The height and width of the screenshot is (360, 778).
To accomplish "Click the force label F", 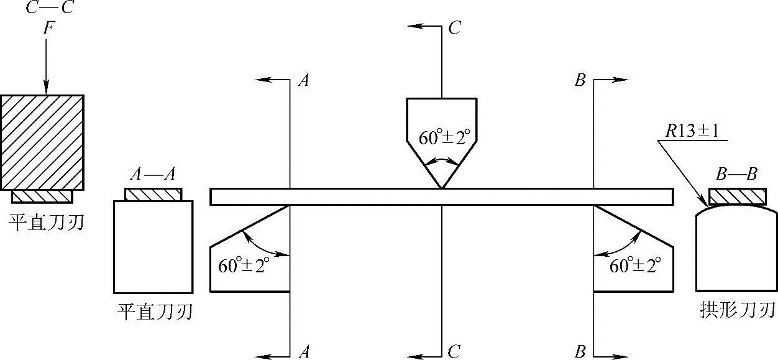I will pyautogui.click(x=47, y=29).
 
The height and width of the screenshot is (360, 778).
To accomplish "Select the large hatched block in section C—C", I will pyautogui.click(x=42, y=142).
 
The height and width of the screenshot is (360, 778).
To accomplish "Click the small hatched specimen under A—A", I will pyautogui.click(x=153, y=195).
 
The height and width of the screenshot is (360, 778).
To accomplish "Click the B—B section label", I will pyautogui.click(x=736, y=175).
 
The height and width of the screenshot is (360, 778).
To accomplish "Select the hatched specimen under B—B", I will pyautogui.click(x=737, y=196).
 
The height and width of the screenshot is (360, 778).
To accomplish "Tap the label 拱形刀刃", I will pyautogui.click(x=737, y=309).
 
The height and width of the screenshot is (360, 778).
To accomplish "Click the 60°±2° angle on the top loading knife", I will pyautogui.click(x=442, y=138).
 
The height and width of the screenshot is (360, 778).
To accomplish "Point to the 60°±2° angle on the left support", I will pyautogui.click(x=244, y=266).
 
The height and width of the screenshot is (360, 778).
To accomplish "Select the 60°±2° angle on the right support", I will pyautogui.click(x=634, y=266).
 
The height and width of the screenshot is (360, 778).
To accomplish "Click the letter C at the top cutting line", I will pyautogui.click(x=454, y=29).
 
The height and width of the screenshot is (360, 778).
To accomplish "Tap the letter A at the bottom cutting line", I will pyautogui.click(x=304, y=353).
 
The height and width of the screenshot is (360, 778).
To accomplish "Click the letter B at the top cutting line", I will pyautogui.click(x=580, y=81).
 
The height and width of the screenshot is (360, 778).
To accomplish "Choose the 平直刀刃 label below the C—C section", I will pyautogui.click(x=47, y=222).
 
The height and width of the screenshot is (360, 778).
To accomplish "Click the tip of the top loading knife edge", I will pyautogui.click(x=441, y=187).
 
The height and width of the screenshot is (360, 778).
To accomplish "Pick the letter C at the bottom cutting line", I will pyautogui.click(x=454, y=353).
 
